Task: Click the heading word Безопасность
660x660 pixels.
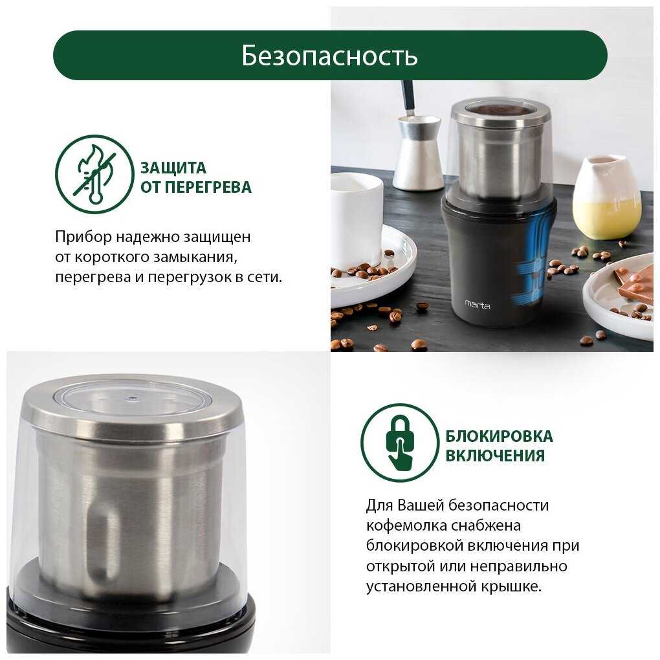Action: point(329,56)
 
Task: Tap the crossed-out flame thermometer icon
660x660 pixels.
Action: point(94,174)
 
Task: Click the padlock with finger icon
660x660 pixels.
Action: point(401,443)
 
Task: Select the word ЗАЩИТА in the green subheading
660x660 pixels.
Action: point(173,168)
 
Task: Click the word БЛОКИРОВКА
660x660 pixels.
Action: point(500,436)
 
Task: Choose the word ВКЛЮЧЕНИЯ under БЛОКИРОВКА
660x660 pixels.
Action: point(495,456)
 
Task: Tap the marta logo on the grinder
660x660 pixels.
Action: point(478,304)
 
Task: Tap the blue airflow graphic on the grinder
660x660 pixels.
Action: point(534,261)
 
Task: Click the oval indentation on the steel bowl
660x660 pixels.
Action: point(104,540)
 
